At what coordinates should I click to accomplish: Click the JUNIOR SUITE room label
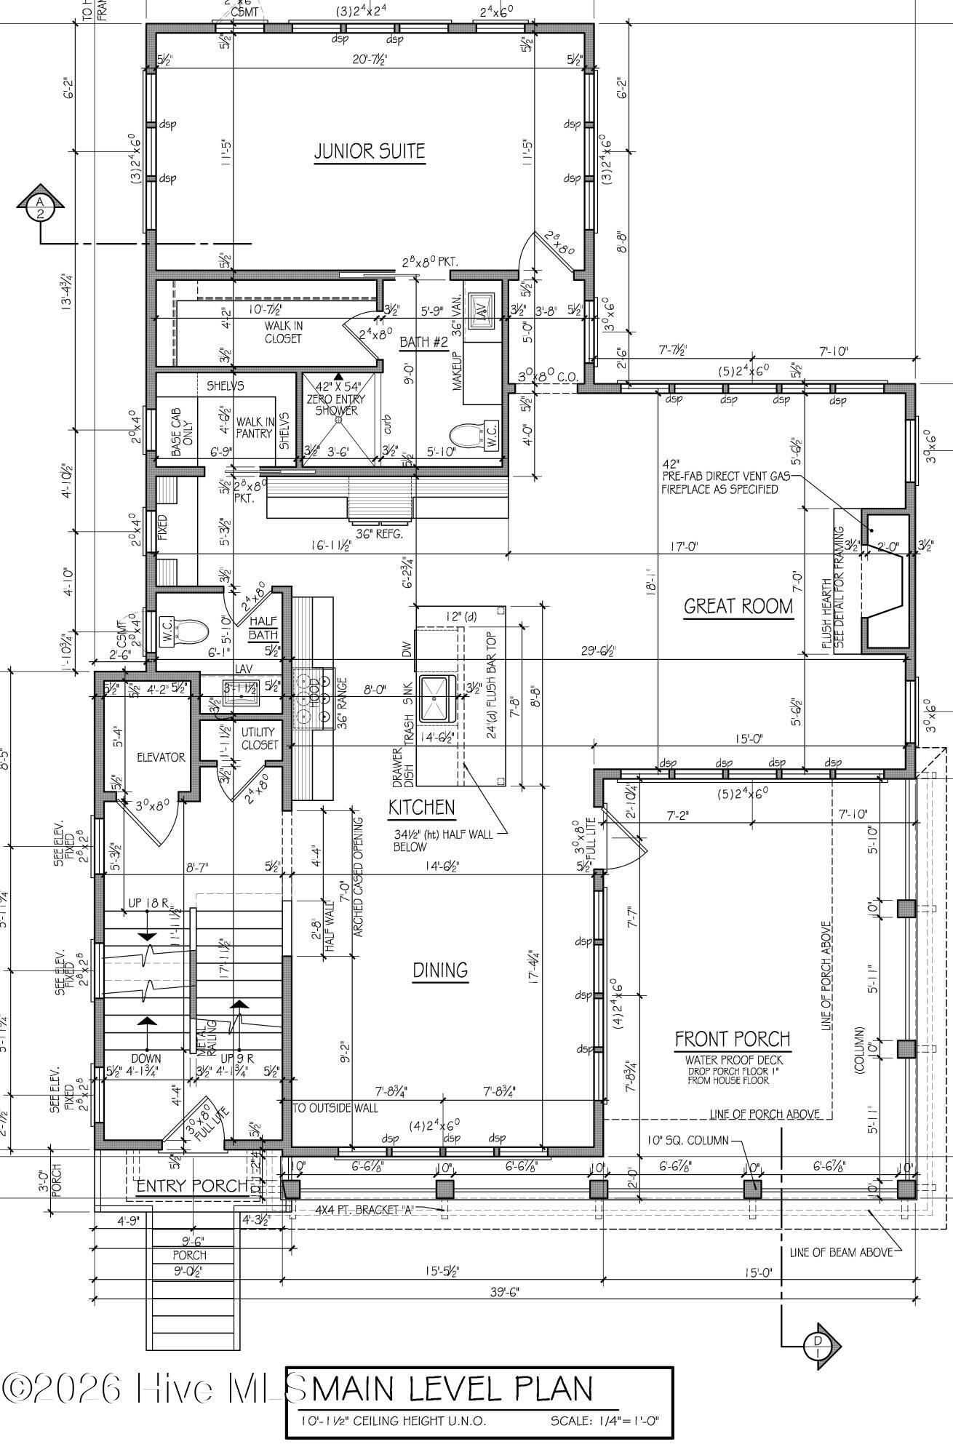[369, 151]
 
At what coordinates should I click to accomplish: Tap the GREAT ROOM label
[738, 606]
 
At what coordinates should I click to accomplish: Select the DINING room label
[440, 970]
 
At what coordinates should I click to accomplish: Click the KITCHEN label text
[421, 807]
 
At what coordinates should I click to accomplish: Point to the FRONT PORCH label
[732, 1039]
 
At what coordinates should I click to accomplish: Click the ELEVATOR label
[161, 757]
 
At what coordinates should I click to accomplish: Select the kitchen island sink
[436, 697]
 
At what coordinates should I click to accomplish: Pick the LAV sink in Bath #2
[482, 308]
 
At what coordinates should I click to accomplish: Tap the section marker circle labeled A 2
[41, 207]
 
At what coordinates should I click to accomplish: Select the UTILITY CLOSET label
[258, 738]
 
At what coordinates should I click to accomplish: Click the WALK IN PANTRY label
[254, 427]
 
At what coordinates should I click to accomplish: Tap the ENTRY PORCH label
[192, 1186]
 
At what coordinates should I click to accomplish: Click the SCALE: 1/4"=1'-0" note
[604, 1420]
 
